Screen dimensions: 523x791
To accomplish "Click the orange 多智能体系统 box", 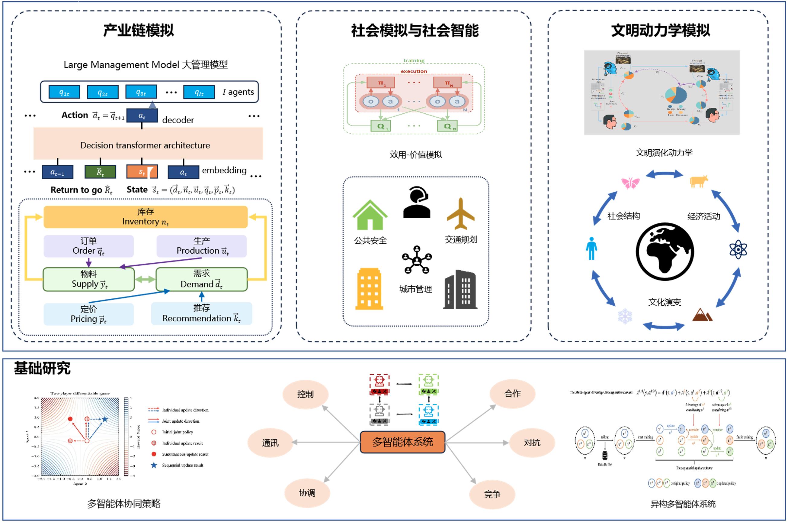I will click(x=402, y=442).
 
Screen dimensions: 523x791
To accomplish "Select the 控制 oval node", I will click(x=305, y=394).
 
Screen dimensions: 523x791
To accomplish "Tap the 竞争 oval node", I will click(x=492, y=494).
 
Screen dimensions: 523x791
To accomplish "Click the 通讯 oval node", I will click(x=270, y=443).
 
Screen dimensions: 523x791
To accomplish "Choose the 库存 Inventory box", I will click(x=146, y=217).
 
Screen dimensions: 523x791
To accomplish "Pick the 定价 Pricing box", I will click(x=88, y=314).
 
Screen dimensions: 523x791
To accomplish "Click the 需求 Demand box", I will click(x=201, y=279).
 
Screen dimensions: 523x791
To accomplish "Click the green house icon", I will click(x=370, y=215).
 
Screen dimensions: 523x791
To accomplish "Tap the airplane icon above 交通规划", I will click(x=461, y=214).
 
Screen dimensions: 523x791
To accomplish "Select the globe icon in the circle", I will click(x=665, y=252).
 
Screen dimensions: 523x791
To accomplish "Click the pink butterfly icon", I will click(x=630, y=183).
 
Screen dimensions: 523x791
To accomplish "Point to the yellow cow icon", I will click(x=698, y=181).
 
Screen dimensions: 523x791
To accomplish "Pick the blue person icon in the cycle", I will click(x=591, y=249).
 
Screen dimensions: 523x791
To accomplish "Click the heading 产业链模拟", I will click(x=138, y=30).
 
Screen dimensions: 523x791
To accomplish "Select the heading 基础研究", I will click(x=42, y=369).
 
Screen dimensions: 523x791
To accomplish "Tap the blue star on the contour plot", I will click(x=105, y=419).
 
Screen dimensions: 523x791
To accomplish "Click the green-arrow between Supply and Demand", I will click(x=145, y=280).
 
